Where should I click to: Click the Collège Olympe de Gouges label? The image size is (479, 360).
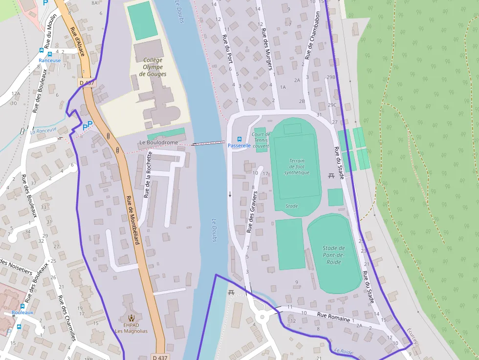152,67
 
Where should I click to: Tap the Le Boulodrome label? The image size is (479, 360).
158,143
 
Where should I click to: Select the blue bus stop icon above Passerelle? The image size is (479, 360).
239,139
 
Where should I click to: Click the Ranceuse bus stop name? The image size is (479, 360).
50,61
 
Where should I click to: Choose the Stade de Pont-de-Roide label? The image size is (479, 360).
334,255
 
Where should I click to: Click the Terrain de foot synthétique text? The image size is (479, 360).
297,167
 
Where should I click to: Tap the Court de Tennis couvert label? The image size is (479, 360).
261,140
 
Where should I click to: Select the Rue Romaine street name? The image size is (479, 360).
333,318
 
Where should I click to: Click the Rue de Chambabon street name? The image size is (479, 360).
313,36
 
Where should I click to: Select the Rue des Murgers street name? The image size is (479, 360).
266,49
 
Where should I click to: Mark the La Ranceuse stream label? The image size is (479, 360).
43,130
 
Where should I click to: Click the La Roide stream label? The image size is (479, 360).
344,351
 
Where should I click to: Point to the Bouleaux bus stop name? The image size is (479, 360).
22,312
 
